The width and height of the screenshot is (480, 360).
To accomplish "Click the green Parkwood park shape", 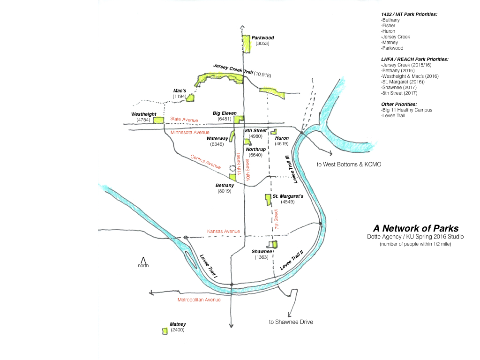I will pos(246,43).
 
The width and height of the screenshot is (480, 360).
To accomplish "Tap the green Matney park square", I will pos(165,331).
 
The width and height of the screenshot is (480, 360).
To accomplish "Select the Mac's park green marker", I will pos(191,97).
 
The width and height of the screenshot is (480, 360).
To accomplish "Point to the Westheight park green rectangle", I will pos(158,120).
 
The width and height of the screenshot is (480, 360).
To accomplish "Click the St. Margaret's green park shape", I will pos(268,200).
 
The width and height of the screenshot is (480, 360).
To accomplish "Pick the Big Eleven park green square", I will pos(239,119).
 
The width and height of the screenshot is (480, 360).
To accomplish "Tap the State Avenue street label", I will pos(184,120).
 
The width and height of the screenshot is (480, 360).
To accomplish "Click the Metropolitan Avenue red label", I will pos(199,300).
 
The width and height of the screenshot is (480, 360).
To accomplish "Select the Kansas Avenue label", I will pos(223,232).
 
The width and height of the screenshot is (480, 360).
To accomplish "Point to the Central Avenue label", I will pos(205,161).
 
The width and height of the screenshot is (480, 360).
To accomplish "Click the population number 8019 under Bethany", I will pos(224,191).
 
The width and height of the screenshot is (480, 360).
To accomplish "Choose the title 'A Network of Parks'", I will pos(415,228).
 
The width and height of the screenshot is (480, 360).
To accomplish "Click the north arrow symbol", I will pos(143,259).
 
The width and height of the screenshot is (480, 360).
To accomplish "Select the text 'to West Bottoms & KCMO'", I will pos(349,165).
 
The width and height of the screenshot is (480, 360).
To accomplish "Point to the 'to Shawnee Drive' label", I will pos(291,322).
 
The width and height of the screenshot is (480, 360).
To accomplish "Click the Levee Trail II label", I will pos(292,260).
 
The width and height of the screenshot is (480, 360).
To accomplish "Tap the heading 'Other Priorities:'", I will pos(399,104).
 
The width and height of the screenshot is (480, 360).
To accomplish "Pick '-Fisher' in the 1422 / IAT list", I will pos(390,26).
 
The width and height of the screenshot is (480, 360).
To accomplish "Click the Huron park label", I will pos(282,138).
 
